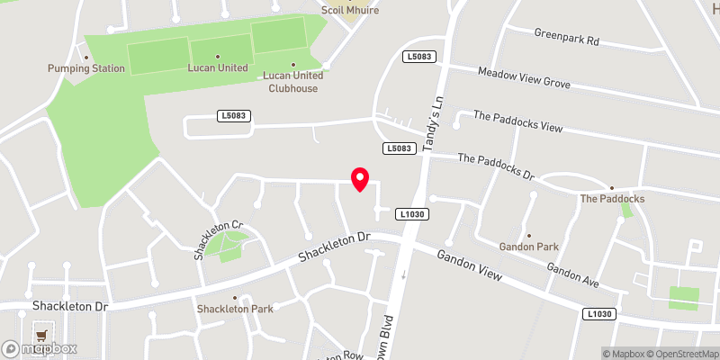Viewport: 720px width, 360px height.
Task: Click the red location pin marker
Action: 360,178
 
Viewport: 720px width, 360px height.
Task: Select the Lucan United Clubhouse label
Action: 292,82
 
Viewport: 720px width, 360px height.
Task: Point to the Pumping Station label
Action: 86,68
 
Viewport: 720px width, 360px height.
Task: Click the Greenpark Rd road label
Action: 566,40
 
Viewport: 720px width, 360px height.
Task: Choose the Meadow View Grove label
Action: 525,77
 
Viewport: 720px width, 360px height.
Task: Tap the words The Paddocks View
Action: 517,122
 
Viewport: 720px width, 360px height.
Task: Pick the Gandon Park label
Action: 528,246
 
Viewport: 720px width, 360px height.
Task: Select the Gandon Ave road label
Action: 572,275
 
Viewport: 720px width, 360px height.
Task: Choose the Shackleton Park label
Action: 235,309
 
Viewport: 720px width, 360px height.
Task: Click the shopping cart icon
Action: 40,335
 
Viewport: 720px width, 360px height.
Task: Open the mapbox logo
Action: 40,348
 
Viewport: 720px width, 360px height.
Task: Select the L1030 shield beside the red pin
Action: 410,213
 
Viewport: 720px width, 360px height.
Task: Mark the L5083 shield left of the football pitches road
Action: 232,116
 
